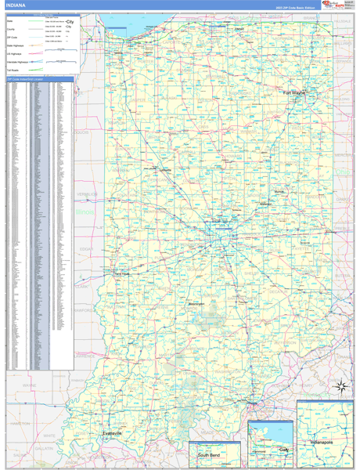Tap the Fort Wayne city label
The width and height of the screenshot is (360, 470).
294,92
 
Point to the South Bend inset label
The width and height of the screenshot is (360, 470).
208,455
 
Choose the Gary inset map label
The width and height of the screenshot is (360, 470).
283,450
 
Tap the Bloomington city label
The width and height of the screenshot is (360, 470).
196,303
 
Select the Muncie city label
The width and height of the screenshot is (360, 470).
279,191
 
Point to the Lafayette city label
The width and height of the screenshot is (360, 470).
165,170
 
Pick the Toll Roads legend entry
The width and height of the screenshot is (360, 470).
13,68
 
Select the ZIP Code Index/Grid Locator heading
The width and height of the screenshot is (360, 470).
27,79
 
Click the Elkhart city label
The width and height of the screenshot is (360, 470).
239,31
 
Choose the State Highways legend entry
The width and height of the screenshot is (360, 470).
15,45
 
